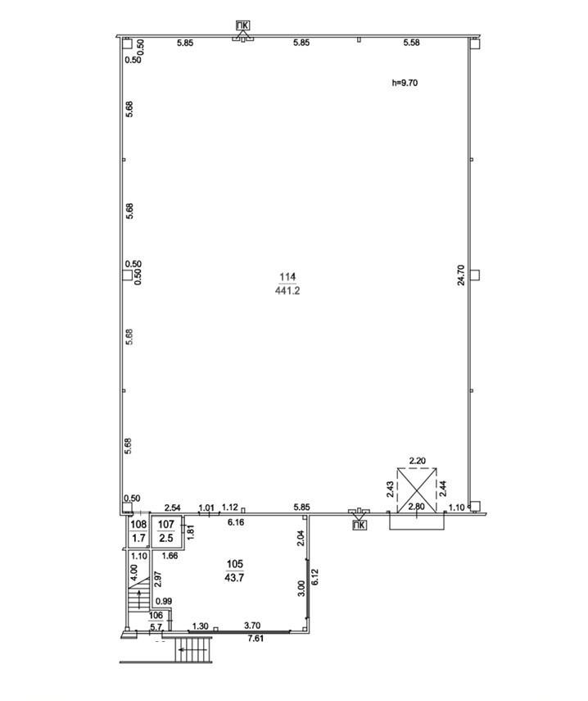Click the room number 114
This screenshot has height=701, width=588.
(287, 277)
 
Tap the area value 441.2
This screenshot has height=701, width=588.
(287, 290)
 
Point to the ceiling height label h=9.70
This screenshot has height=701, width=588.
(405, 83)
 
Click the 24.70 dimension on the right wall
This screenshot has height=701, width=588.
(461, 275)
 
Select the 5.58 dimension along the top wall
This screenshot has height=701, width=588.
(411, 43)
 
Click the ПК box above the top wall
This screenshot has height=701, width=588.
(243, 25)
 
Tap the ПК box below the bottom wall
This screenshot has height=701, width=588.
(360, 526)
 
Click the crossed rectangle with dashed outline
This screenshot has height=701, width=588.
(417, 490)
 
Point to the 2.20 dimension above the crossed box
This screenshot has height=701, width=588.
(417, 461)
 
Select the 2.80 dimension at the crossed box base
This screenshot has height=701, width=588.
(417, 507)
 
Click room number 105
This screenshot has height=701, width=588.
(235, 564)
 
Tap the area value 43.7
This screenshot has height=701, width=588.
(235, 578)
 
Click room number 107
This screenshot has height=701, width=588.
(166, 524)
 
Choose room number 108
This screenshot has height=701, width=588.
(138, 524)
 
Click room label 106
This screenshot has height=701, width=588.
(156, 616)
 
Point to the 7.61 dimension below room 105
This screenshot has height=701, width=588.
(256, 639)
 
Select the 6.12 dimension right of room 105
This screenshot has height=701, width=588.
(315, 577)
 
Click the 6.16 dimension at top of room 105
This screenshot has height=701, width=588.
(236, 521)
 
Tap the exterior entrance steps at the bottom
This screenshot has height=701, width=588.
(193, 649)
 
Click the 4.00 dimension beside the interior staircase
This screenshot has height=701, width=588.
(133, 573)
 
